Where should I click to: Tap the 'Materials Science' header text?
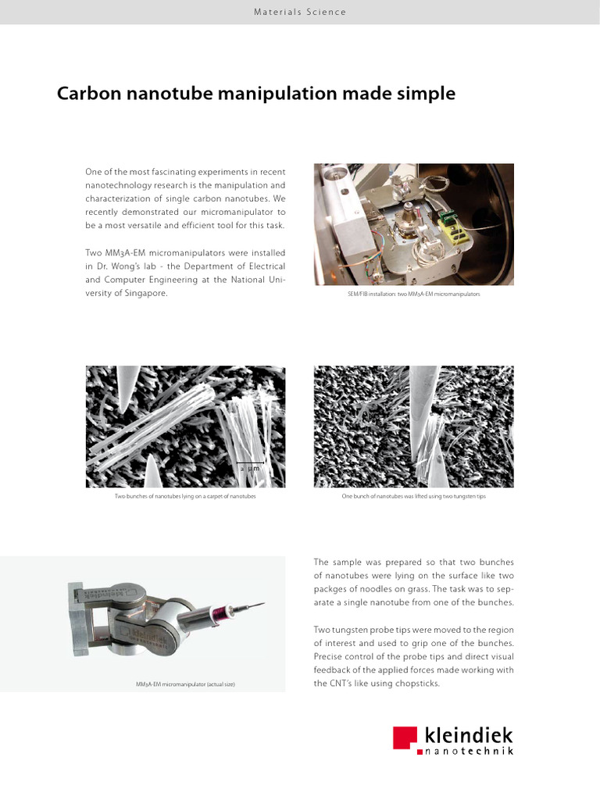pos(299,12)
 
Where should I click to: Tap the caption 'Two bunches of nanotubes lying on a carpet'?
pos(185,497)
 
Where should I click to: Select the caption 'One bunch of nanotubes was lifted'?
pos(413,497)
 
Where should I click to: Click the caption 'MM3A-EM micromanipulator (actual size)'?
pos(185,684)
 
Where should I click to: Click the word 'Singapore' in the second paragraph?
pos(144,293)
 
